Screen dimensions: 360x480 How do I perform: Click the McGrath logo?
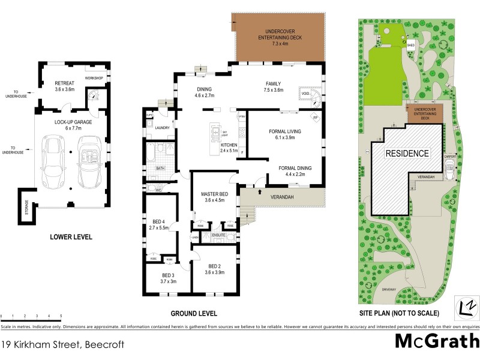(436, 341)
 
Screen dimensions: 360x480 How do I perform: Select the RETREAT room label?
(64, 86)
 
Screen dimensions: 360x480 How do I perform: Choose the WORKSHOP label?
(94, 79)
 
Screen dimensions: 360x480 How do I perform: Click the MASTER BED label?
(214, 197)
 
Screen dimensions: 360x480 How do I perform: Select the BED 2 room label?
(214, 269)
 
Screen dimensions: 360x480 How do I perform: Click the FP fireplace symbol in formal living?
(314, 118)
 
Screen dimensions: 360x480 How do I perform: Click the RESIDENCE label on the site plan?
(407, 154)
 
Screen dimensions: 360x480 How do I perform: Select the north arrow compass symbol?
(465, 306)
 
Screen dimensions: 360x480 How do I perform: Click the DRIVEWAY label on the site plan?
(388, 290)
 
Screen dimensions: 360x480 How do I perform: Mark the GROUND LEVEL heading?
(194, 314)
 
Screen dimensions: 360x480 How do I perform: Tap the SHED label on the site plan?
(411, 45)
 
